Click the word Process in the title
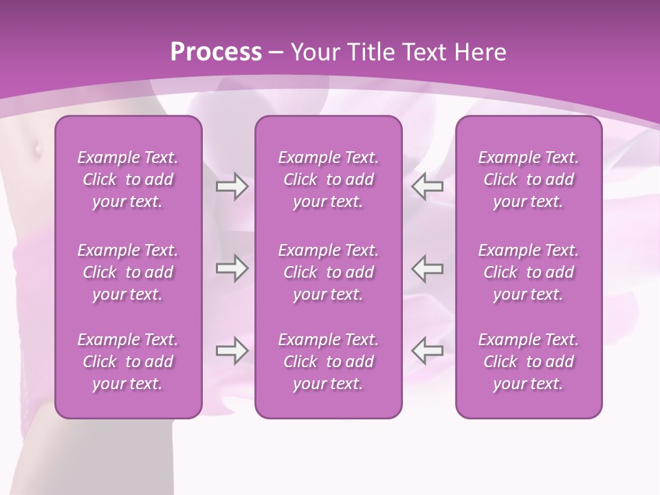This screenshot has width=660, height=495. (216, 52)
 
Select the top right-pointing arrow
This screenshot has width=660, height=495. (232, 186)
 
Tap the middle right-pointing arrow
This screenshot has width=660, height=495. (232, 268)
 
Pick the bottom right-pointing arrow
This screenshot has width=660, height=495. (232, 351)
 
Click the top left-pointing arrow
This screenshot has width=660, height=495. (428, 186)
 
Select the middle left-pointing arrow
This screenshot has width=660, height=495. (428, 268)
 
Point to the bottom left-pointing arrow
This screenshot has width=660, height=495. (428, 351)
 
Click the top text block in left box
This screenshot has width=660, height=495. (128, 179)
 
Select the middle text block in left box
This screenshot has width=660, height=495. (128, 272)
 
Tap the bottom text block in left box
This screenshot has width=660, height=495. (128, 362)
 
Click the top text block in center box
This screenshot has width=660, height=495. (329, 179)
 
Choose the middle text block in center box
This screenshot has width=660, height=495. (329, 272)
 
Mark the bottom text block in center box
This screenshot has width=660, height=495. (329, 362)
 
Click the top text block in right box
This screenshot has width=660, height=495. (529, 179)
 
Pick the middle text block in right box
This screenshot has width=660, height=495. (529, 272)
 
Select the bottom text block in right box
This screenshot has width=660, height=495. (529, 362)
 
